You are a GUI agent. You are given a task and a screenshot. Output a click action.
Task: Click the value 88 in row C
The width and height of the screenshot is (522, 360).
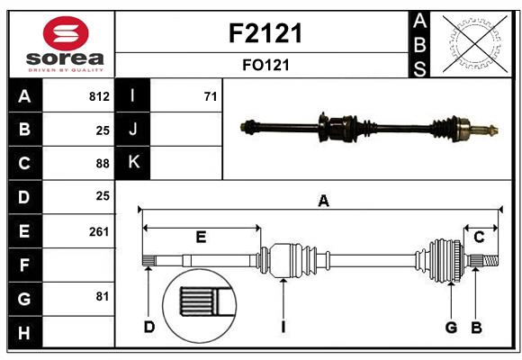point(103,163)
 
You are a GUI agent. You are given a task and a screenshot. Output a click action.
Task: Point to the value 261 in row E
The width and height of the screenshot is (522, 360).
point(99,231)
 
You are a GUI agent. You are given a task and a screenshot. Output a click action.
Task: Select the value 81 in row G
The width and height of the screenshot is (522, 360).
point(103,295)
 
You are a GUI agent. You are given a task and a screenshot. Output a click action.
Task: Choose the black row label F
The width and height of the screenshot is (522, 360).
point(24,265)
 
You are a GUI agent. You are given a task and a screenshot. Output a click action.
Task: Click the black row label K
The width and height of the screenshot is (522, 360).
point(133,163)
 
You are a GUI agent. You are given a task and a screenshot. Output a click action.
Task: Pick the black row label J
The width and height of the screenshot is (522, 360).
point(133,130)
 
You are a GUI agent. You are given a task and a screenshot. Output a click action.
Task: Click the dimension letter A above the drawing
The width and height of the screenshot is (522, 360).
point(323,202)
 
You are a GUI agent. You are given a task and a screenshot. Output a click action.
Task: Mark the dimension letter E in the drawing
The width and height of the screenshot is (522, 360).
point(201,238)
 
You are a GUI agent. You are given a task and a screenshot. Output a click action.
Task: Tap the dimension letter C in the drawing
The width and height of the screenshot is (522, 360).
point(479,238)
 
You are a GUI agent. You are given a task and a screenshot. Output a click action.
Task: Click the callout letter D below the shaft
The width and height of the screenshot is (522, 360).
point(149,327)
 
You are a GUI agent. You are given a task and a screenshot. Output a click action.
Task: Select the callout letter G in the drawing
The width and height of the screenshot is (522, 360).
point(451,327)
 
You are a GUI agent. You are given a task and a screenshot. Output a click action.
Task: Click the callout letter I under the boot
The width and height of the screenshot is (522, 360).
point(283,327)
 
